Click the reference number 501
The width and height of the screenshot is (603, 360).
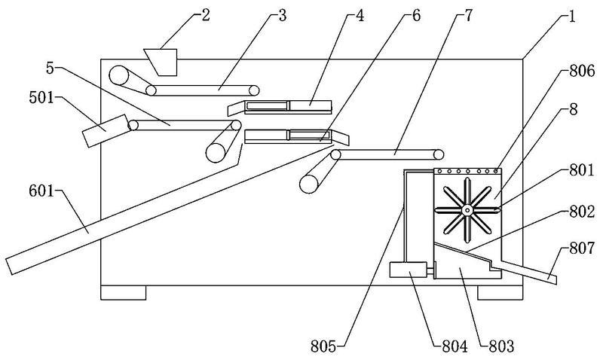coord(41,98)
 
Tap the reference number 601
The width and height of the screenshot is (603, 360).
coord(41,191)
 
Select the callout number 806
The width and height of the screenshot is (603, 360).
coord(582,71)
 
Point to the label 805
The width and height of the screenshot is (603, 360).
coord(323,346)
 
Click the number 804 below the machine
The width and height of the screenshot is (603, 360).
coord(455,346)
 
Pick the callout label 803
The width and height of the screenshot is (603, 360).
coord(501,346)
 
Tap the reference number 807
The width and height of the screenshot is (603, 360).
coord(582,249)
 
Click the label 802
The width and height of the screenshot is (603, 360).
coord(582,212)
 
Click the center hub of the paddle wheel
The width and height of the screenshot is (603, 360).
coord(467,210)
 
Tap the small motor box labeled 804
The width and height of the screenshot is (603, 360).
coord(408,270)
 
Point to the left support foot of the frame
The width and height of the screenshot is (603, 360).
coord(124,292)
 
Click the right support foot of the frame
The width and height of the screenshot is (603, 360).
coord(500,292)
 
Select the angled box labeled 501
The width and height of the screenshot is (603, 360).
coord(106,130)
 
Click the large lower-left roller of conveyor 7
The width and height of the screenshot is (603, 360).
coord(309,184)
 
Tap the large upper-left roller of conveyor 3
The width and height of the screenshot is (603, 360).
coord(119,75)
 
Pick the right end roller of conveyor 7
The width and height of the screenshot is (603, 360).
coord(439,154)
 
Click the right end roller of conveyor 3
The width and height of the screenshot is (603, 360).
coord(253,90)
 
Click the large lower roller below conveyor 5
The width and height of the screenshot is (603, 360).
coord(216,153)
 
